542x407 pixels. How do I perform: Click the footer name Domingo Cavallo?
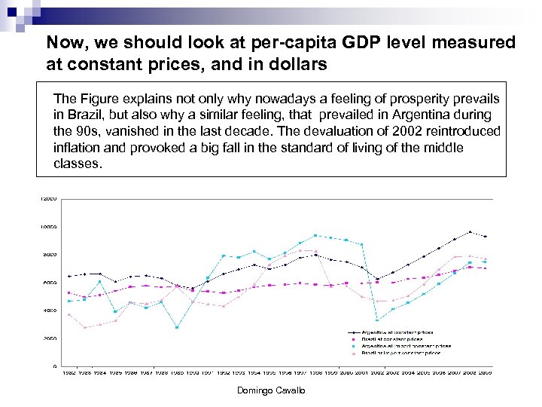pyautogui.click(x=271, y=390)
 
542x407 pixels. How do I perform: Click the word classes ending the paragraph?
pyautogui.click(x=76, y=163)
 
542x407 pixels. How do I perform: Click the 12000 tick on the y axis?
pyautogui.click(x=48, y=198)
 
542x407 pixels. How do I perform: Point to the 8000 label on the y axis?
pyautogui.click(x=49, y=255)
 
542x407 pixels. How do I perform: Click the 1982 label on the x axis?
pyautogui.click(x=69, y=372)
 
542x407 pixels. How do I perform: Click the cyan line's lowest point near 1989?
pyautogui.click(x=177, y=327)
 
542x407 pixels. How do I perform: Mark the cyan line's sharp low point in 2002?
pyautogui.click(x=377, y=320)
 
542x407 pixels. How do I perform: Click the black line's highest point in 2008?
pyautogui.click(x=470, y=231)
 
